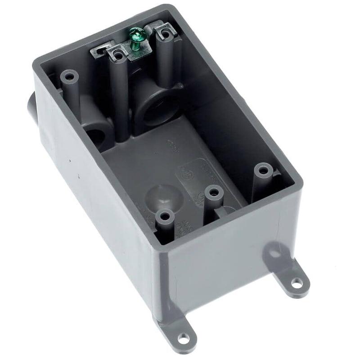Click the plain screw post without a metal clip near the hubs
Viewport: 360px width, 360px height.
click(x=69, y=76)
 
